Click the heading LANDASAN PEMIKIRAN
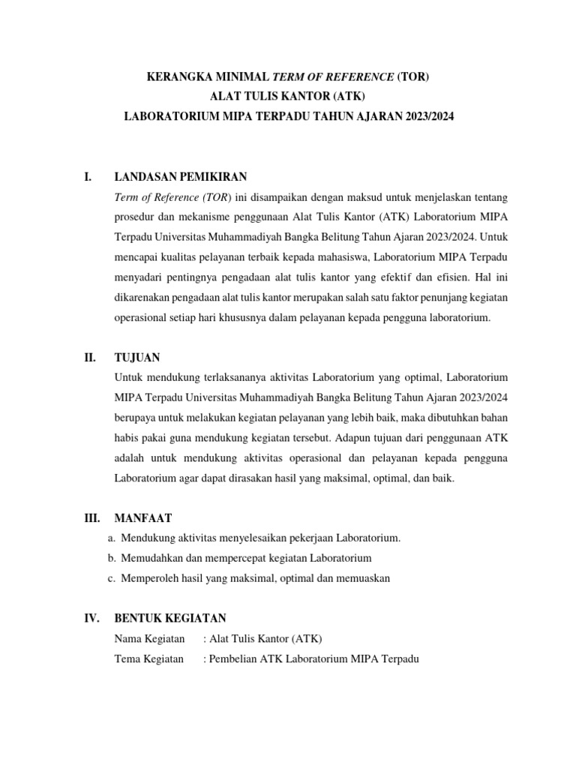coord(180,177)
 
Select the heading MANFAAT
coord(142,517)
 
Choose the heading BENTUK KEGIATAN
coord(169,618)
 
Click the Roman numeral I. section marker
coord(87,177)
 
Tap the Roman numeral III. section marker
coord(91,517)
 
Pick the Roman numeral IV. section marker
coord(91,618)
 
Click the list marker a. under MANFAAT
coord(112,538)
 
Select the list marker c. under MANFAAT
coord(112,578)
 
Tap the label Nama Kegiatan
coord(149,639)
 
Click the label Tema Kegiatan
coord(148,659)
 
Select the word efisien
coord(446,277)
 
